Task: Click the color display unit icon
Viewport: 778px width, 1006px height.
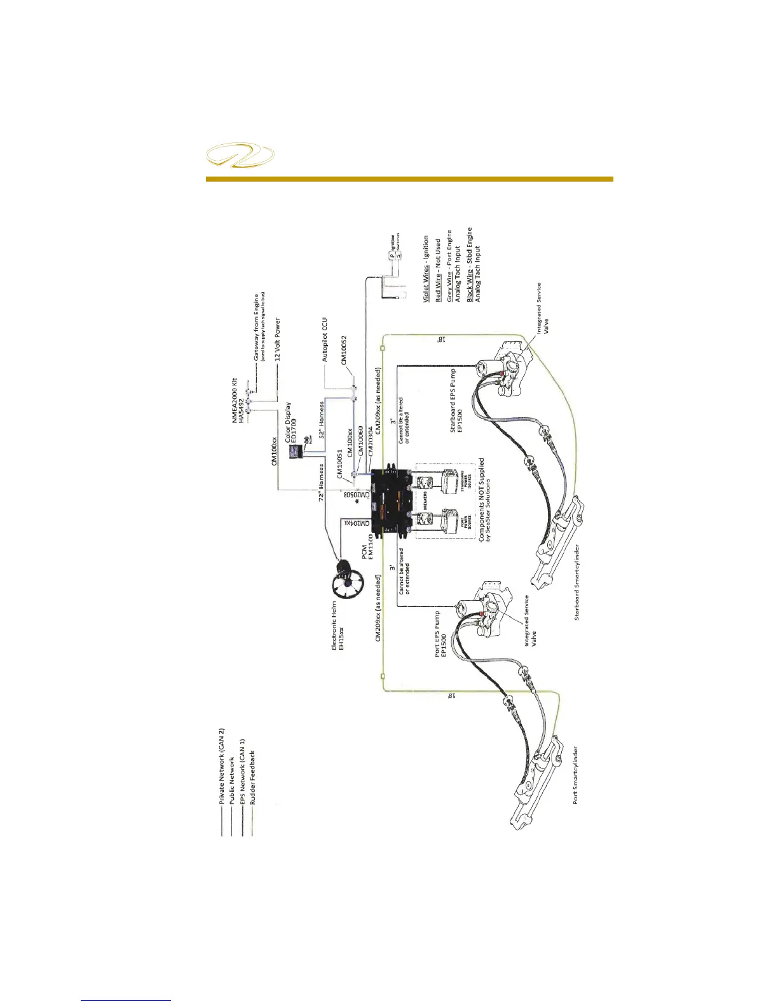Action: point(295,452)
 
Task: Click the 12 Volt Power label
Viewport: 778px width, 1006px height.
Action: point(278,340)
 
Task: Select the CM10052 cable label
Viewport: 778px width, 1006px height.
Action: point(344,351)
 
